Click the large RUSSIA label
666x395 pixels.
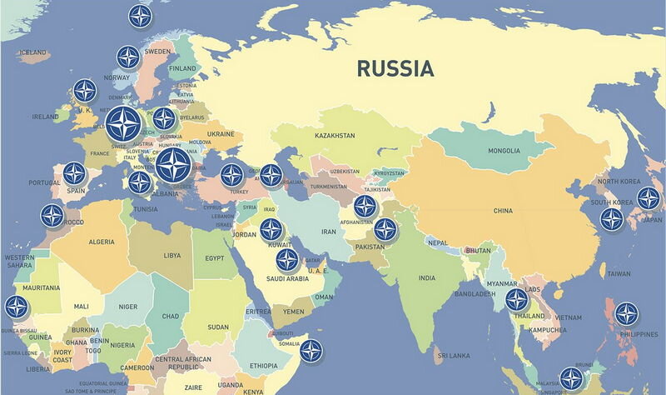coord(395,68)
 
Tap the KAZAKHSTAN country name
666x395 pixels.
coord(335,135)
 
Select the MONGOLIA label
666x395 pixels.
coord(504,151)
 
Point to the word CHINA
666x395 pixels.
coord(503,211)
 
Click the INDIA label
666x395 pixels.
coord(426,277)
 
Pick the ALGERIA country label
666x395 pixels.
coord(102,242)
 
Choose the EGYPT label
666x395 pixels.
coord(215,257)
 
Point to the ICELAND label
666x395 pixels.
coord(32,52)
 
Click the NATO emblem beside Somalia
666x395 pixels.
coord(311,350)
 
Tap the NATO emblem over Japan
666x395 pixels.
coord(649,198)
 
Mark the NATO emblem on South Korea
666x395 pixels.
coord(612,219)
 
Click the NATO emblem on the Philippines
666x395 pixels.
coord(627,313)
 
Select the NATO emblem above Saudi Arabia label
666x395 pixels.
coord(287,260)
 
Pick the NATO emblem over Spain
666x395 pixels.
coord(74,173)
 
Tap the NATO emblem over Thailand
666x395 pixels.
coord(517,301)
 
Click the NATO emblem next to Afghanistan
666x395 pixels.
coord(365,207)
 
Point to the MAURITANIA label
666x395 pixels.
coord(41,287)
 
